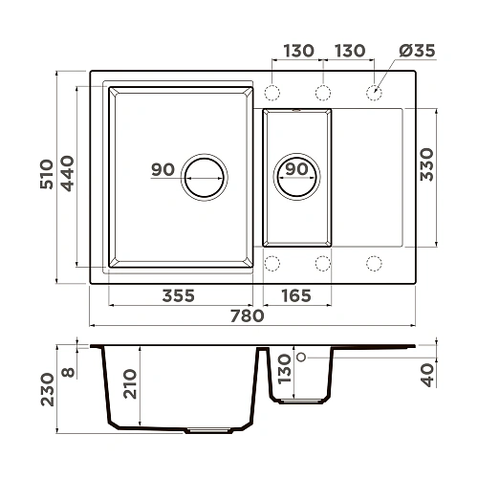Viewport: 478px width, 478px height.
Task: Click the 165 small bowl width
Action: (x=296, y=296)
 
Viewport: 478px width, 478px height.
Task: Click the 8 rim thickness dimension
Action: (x=67, y=363)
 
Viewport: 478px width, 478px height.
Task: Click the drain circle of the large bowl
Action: (x=205, y=175)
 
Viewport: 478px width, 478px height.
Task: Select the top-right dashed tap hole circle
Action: (x=372, y=93)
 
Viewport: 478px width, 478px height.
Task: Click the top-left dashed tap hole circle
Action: (x=272, y=93)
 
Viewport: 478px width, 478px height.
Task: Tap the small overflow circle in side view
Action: (x=301, y=357)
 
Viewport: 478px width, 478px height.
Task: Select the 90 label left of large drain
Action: (x=163, y=170)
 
